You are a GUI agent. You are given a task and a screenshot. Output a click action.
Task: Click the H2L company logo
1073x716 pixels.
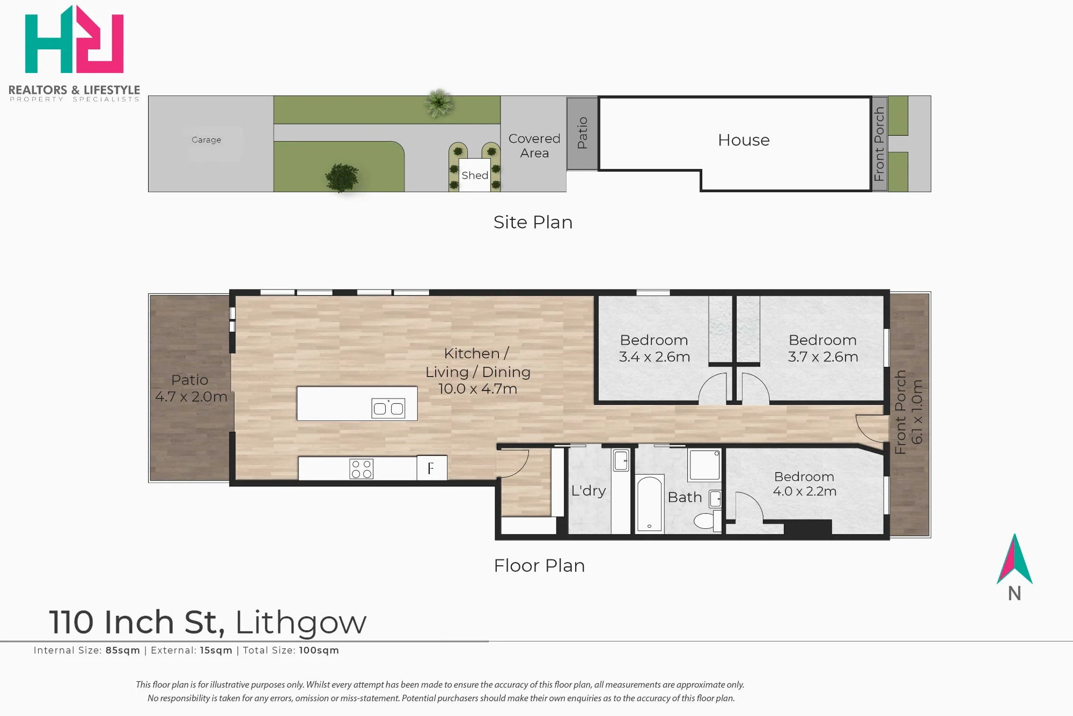point(74,39)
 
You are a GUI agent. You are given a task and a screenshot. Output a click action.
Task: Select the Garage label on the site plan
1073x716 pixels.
point(207,140)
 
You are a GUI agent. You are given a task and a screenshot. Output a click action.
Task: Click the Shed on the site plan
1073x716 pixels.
point(475,175)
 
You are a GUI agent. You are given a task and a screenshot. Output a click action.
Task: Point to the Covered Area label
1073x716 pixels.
point(534,146)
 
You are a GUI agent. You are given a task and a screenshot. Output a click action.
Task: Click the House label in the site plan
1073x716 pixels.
point(744,140)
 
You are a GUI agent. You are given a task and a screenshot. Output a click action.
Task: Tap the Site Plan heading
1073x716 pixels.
point(533,222)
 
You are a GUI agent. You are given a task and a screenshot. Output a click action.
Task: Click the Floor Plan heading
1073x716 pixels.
point(539,565)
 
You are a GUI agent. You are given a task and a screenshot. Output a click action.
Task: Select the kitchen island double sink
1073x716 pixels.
point(388,409)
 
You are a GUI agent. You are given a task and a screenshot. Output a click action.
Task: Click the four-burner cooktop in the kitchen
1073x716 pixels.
point(361,469)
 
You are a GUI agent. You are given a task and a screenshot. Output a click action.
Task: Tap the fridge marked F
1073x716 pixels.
point(432,468)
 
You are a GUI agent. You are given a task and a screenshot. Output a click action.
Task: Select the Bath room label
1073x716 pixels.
point(685,497)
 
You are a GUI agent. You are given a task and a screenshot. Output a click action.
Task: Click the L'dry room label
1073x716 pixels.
point(589,491)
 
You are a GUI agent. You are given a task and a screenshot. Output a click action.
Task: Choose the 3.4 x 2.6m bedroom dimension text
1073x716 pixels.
point(655,357)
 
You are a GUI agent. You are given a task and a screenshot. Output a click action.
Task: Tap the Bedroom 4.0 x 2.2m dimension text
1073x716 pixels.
point(805,491)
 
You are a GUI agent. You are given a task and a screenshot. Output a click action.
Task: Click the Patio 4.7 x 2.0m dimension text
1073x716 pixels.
point(192,396)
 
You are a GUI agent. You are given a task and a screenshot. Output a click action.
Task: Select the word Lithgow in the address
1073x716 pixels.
point(301,622)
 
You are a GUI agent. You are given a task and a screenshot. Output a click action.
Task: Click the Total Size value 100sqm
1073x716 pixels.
point(319,650)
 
